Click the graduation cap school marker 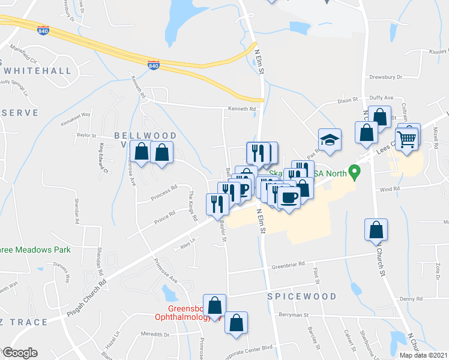pyautogui.click(x=330, y=140)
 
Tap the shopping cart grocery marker pyautogui.click(x=407, y=138)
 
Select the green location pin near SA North pyautogui.click(x=355, y=173)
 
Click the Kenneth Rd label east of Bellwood pyautogui.click(x=241, y=109)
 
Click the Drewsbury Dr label pyautogui.click(x=402, y=77)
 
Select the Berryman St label pyautogui.click(x=292, y=314)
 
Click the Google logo pyautogui.click(x=19, y=353)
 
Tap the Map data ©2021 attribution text pyautogui.click(x=423, y=355)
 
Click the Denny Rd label pyautogui.click(x=411, y=299)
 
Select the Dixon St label pyautogui.click(x=347, y=100)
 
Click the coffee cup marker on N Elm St pyautogui.click(x=289, y=197)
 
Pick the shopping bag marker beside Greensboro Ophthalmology pyautogui.click(x=214, y=305)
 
